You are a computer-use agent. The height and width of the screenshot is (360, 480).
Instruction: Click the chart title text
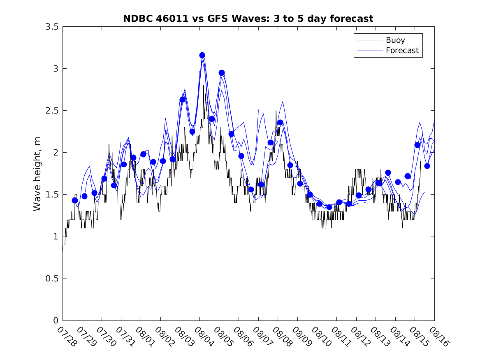[248, 19]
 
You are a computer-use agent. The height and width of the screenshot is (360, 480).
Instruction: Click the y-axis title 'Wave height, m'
[37, 173]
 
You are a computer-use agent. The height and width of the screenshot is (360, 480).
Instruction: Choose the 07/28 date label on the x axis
[67, 336]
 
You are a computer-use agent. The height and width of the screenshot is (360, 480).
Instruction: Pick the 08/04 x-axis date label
[204, 336]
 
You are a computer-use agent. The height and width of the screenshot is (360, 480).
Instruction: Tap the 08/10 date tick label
[321, 336]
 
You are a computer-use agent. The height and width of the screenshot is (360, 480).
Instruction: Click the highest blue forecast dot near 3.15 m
[202, 55]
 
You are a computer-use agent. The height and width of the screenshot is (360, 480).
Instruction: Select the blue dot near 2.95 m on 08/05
[222, 73]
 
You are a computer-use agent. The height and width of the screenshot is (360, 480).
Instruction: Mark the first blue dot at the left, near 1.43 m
[75, 200]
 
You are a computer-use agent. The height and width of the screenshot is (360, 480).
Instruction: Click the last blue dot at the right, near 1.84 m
[427, 166]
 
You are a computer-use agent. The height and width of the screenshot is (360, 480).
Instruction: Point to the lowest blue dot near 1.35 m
[329, 207]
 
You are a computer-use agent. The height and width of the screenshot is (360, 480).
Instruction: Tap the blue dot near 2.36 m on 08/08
[280, 122]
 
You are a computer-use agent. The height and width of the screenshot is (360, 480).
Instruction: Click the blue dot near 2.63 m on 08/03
[182, 100]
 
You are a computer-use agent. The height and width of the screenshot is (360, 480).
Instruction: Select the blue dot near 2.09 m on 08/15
[417, 145]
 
